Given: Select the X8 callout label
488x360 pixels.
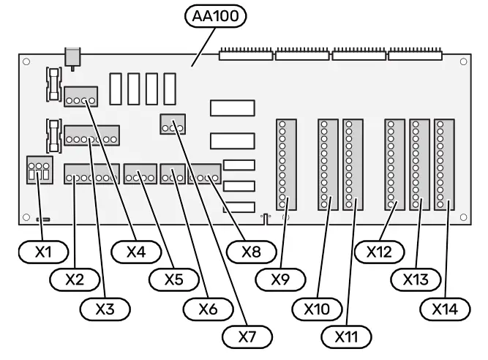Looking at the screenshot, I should pos(251,252).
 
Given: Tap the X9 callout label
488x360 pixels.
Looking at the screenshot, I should pos(285,280).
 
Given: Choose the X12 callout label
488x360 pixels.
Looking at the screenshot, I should pos(381,252).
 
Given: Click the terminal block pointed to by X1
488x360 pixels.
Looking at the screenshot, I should pos(37,172).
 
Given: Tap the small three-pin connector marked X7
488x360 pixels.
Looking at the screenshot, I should pos(172,126).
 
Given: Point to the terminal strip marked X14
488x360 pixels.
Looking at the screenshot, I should pos(443,165).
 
